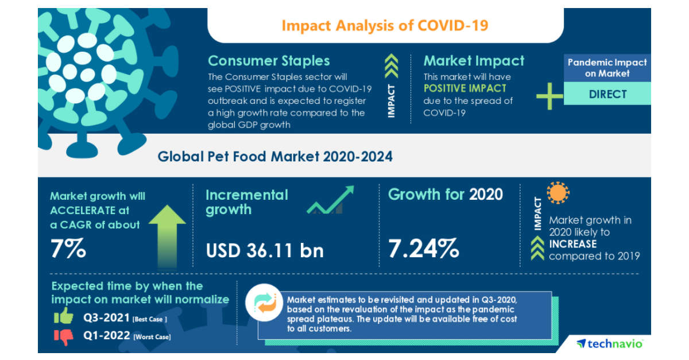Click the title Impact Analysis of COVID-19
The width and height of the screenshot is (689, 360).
[385, 26]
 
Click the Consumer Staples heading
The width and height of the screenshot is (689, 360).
[269, 61]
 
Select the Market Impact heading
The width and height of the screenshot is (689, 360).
[474, 61]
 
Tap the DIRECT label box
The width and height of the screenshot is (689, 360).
[607, 94]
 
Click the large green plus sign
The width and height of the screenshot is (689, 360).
[549, 96]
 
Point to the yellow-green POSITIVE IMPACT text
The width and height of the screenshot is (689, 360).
[465, 88]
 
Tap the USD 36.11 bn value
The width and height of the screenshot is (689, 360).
[264, 250]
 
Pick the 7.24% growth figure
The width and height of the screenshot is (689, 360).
[424, 249]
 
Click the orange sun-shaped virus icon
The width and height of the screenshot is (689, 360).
[558, 193]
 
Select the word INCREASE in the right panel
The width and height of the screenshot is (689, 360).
[572, 244]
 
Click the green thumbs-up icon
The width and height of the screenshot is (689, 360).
[64, 316]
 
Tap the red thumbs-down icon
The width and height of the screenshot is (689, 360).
[64, 336]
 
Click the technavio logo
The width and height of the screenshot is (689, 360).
[610, 343]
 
